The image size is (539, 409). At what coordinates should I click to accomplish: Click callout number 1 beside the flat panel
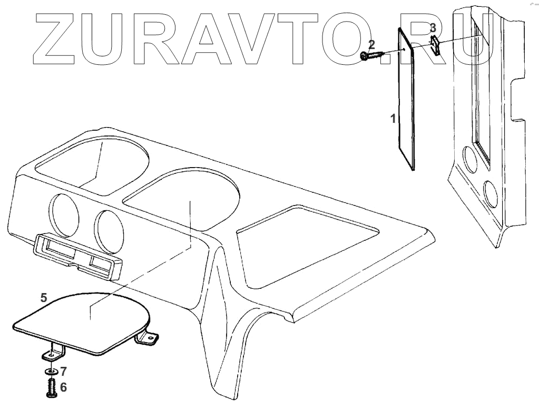[x=393, y=119]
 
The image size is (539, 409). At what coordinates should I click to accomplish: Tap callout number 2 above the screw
[x=371, y=44]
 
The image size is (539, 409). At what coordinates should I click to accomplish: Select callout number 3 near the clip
[x=433, y=27]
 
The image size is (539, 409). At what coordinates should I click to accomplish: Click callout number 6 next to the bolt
[x=63, y=387]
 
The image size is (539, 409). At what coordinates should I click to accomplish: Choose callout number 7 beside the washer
[x=63, y=371]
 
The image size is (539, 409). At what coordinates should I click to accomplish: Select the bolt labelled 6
[x=51, y=389]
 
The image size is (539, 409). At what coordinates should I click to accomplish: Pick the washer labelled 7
[x=51, y=372]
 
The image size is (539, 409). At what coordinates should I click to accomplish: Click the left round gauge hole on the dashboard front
[x=65, y=217]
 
